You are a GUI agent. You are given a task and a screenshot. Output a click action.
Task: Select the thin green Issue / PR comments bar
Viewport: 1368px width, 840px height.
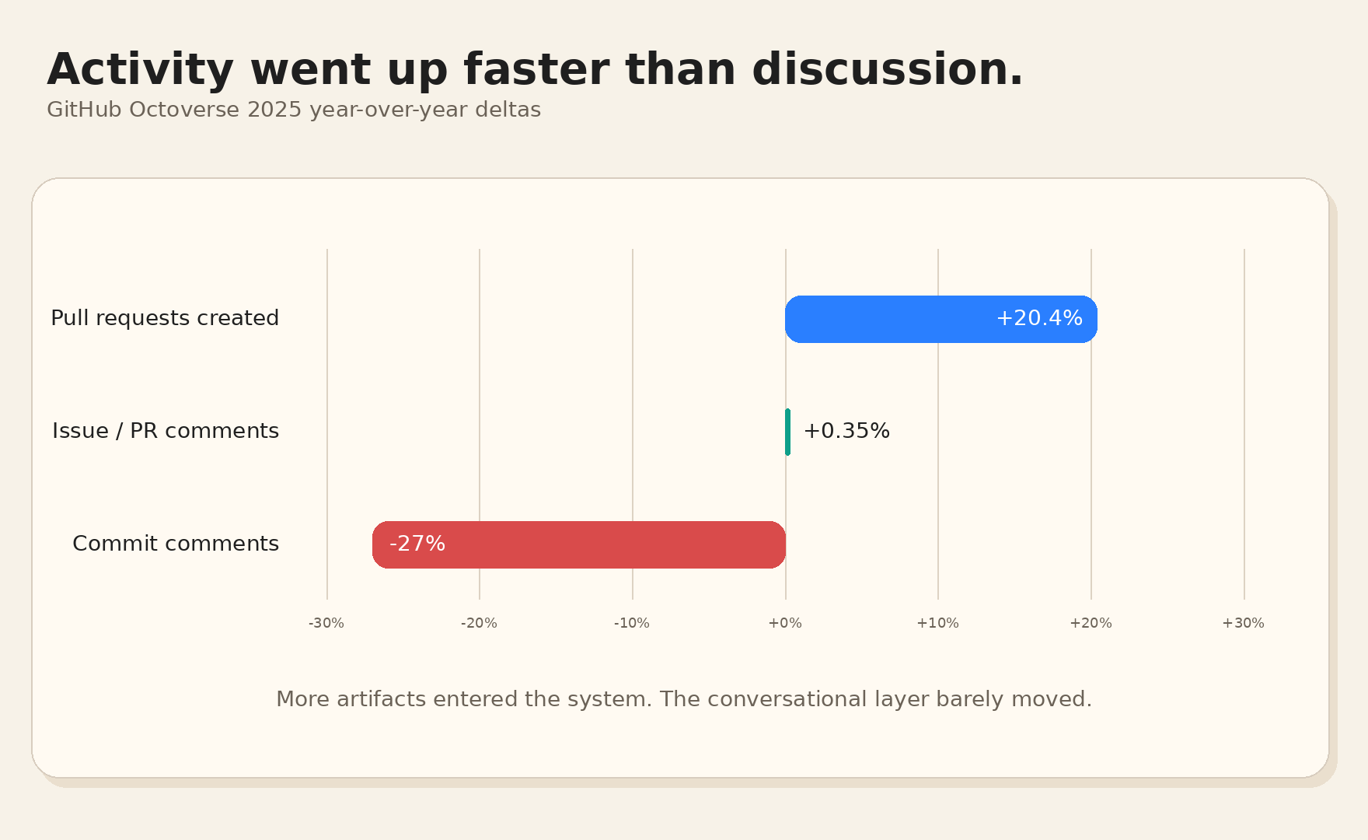pyautogui.click(x=787, y=432)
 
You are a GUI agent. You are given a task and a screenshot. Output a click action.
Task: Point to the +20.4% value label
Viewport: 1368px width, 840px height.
pyautogui.click(x=1038, y=318)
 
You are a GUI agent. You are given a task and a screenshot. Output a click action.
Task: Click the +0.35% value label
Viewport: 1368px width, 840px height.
pyautogui.click(x=846, y=431)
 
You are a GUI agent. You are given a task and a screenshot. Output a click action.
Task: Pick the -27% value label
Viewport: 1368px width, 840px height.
pyautogui.click(x=417, y=544)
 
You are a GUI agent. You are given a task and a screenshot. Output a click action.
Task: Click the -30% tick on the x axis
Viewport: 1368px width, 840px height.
pyautogui.click(x=326, y=623)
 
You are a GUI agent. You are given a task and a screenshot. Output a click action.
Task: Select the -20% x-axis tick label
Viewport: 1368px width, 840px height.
pyautogui.click(x=479, y=623)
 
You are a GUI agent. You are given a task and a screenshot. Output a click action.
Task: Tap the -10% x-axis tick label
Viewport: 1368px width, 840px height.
pyautogui.click(x=632, y=623)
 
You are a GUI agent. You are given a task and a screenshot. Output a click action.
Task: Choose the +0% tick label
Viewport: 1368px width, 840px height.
pyautogui.click(x=785, y=623)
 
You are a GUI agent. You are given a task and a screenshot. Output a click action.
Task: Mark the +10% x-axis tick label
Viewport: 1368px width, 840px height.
pyautogui.click(x=937, y=623)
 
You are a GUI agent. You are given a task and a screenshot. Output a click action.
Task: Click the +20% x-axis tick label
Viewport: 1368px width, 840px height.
pyautogui.click(x=1091, y=623)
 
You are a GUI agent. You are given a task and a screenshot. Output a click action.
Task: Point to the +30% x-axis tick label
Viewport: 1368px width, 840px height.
pyautogui.click(x=1243, y=623)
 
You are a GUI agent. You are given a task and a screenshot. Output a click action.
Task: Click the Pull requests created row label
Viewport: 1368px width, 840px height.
pyautogui.click(x=165, y=318)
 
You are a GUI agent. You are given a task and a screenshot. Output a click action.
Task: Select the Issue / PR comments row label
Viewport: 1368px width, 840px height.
pyautogui.click(x=166, y=431)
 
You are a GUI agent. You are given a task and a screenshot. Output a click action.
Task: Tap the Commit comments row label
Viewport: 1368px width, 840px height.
pyautogui.click(x=176, y=544)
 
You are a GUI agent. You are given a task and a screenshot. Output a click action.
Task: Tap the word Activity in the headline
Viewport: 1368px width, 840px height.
pyautogui.click(x=140, y=70)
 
